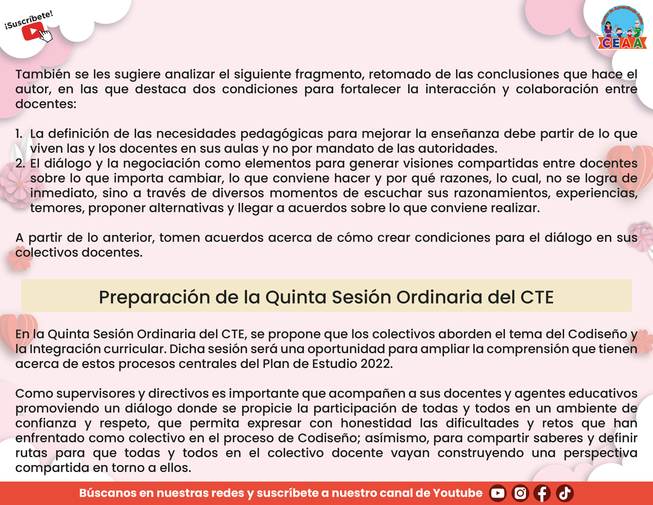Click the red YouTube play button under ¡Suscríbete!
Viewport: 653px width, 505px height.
[33, 31]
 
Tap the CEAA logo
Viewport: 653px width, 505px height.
[622, 28]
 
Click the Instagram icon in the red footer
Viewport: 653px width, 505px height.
[520, 493]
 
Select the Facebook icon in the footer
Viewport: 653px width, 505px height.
[542, 493]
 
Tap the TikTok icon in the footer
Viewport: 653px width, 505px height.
[565, 493]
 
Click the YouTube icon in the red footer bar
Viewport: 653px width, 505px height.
[498, 493]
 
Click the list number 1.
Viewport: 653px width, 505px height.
[19, 134]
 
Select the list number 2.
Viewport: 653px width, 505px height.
[20, 164]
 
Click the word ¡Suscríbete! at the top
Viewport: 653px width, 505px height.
[29, 20]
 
